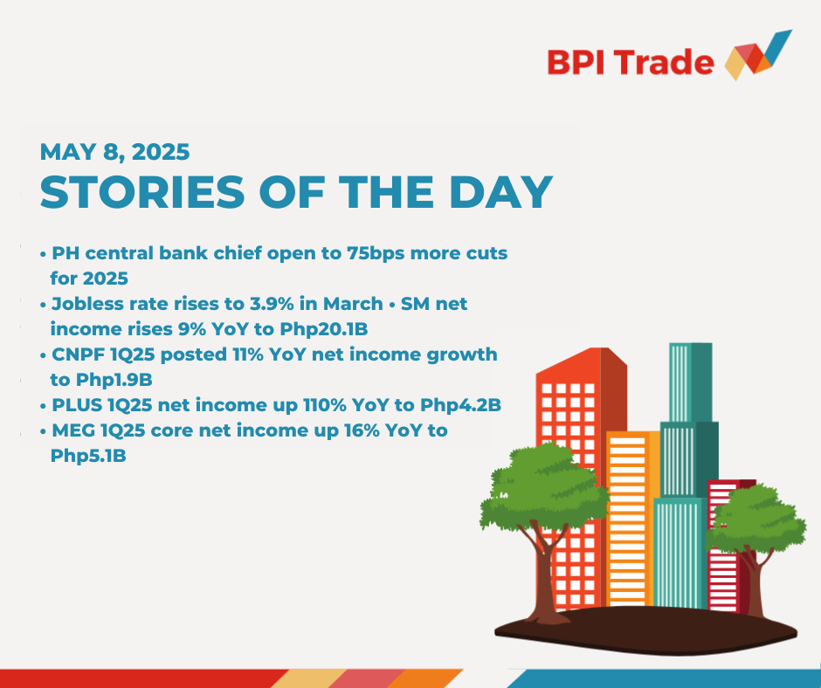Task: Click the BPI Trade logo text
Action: coord(631,62)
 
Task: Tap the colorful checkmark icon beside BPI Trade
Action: coord(758,56)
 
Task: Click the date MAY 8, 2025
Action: coord(114,152)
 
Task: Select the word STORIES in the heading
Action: coord(142,191)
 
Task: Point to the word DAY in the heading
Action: coord(501,191)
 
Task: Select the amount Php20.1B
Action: coord(323,329)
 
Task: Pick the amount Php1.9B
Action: coord(114,380)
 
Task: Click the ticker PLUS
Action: coord(77,405)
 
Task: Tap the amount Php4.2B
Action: coord(461,405)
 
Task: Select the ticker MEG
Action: coord(73,430)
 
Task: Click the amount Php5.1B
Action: coord(88,456)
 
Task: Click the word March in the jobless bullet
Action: coord(353,304)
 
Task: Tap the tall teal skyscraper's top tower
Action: coord(691,382)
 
